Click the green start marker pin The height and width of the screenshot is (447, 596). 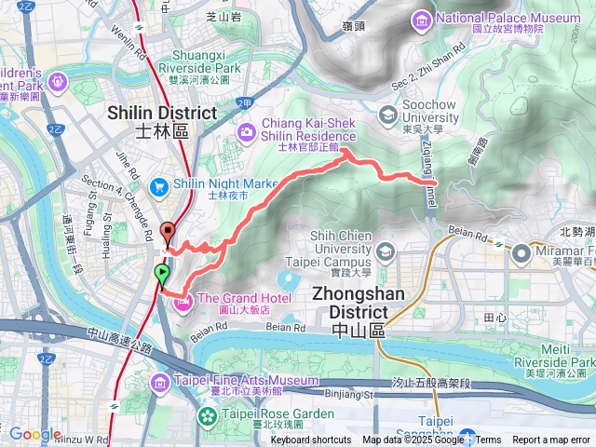coord(162,274)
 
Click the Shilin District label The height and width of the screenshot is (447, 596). coord(162,113)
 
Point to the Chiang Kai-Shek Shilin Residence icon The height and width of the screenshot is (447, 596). coord(246,131)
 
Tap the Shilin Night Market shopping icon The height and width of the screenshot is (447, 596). coord(158,185)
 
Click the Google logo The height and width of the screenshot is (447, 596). coord(34,434)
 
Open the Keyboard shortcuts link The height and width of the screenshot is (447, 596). coord(311,440)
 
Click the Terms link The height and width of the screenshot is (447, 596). coord(488,440)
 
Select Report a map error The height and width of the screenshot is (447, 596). coord(551,440)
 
